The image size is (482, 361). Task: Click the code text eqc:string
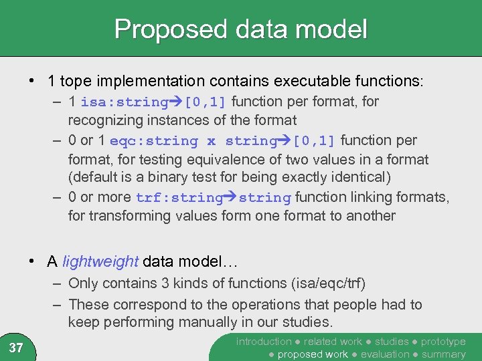[x=154, y=141]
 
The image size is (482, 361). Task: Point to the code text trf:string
[x=179, y=198]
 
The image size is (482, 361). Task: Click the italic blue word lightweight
[x=100, y=261]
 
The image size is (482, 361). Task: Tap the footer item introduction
[x=264, y=342]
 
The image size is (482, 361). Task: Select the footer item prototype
[x=443, y=342]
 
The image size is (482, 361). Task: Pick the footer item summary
[x=443, y=354]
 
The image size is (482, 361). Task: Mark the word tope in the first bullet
[x=74, y=82]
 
